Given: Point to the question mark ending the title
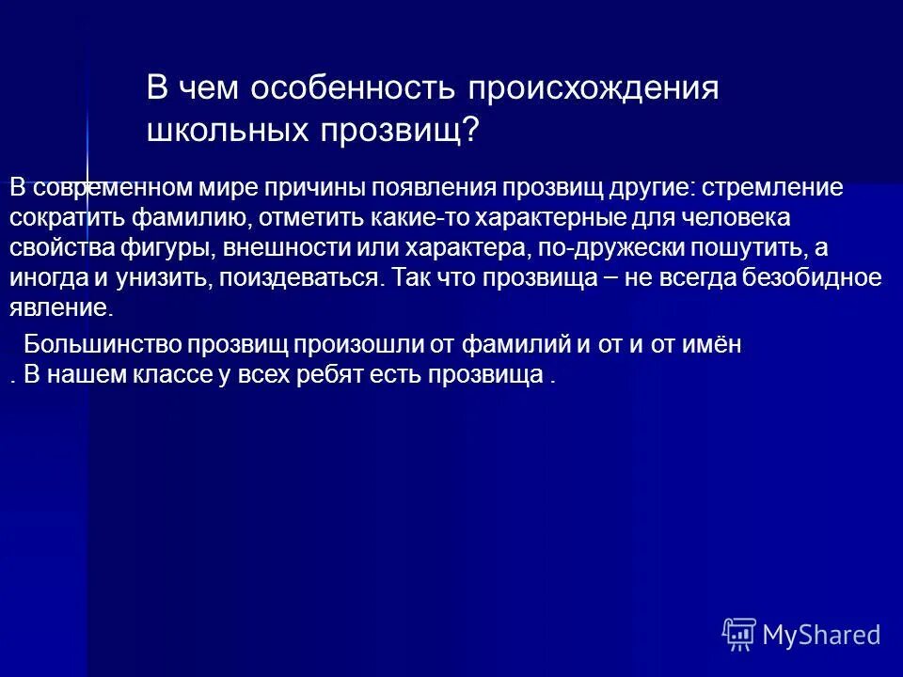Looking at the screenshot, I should coord(469,130).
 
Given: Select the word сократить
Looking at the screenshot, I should coord(64,217).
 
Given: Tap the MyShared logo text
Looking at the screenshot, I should coord(821,635).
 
